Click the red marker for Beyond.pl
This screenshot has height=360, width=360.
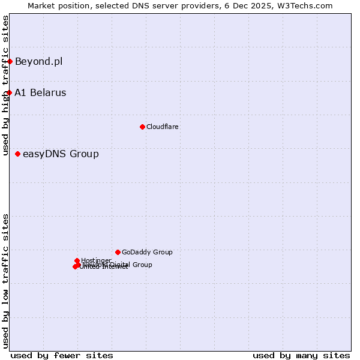click(10, 61)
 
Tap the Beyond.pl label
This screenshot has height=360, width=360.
click(38, 61)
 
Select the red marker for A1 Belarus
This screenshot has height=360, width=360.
click(10, 92)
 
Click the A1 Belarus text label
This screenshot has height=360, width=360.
click(40, 93)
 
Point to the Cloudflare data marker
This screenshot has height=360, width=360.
click(142, 127)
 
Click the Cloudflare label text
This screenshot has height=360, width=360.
click(162, 127)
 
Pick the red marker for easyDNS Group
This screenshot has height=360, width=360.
click(18, 154)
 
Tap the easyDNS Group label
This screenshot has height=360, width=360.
click(61, 154)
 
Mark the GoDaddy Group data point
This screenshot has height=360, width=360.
click(118, 252)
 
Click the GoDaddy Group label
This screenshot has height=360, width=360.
click(147, 252)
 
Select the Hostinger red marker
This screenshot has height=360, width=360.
click(77, 260)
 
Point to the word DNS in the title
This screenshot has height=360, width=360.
click(142, 5)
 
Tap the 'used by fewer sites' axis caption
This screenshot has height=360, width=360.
click(62, 355)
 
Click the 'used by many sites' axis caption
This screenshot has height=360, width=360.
click(301, 355)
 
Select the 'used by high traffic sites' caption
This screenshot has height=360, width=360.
click(5, 85)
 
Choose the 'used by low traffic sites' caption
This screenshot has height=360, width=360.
click(5, 281)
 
